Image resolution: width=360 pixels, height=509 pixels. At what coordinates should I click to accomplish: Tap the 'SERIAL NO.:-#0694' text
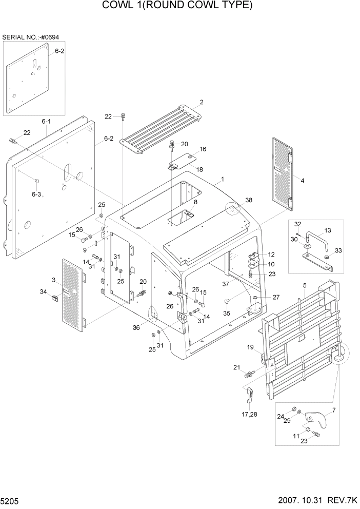pos(31,37)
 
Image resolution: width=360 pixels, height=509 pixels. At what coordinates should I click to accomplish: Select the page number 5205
pos(10,500)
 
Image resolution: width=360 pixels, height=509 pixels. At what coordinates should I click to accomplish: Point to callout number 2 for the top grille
pos(202,103)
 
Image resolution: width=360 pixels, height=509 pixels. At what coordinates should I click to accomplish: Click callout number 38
pos(249,200)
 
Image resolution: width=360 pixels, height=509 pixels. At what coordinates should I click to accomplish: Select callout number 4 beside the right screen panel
pos(302,181)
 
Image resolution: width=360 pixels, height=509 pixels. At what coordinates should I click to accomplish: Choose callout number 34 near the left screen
pos(44,292)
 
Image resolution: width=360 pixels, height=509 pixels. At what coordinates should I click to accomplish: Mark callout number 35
pos(227,313)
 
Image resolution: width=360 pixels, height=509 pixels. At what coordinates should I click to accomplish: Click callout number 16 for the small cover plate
pos(203,149)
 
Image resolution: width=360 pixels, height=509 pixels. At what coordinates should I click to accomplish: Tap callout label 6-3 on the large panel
pos(36,194)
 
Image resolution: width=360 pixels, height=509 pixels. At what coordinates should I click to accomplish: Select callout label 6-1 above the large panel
pos(46,122)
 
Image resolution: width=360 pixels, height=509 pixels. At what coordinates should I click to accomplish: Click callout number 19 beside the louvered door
pos(251,348)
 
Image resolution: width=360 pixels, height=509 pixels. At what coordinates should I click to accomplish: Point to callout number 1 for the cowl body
pos(223,180)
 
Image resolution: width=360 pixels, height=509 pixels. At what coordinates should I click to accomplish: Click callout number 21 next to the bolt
pos(236,367)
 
